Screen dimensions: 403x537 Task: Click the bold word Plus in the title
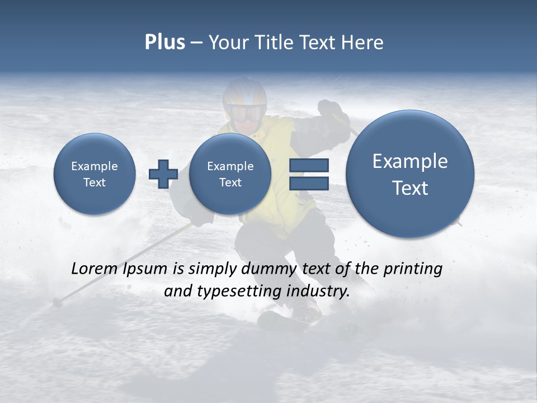[x=164, y=43]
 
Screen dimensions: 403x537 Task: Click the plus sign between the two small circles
[x=163, y=174]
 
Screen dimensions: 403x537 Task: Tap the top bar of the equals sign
[x=309, y=166]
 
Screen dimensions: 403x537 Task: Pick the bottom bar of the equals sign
[x=309, y=183]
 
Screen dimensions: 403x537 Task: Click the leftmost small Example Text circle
[x=95, y=174]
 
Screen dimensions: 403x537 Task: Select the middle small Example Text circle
[x=230, y=174]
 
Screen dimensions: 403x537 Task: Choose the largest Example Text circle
[x=410, y=174]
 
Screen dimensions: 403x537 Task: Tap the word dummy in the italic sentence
[x=269, y=269]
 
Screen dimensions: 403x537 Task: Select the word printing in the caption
[x=413, y=269]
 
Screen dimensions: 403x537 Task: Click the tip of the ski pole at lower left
[x=56, y=302]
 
